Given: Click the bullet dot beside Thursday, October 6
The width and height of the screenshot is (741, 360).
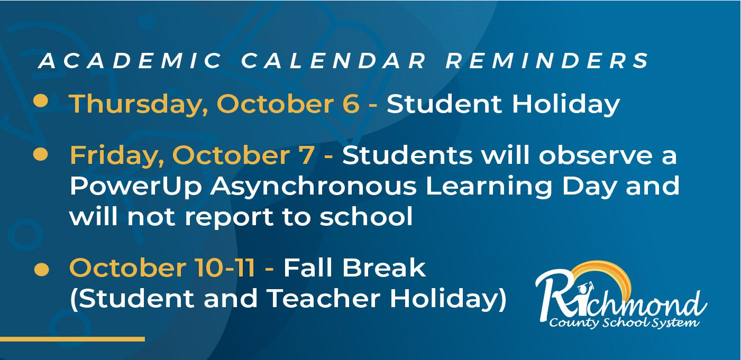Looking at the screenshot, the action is coord(41,100).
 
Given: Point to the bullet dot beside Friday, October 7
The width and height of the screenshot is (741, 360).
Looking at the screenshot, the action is coord(41,154).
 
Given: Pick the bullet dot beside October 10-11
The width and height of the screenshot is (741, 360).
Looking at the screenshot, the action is coord(42,270).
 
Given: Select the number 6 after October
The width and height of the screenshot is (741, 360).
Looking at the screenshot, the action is coord(351,104).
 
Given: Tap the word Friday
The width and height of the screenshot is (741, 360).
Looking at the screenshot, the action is coord(117,156).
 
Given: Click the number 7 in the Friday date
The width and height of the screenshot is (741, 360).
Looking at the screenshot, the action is coord(306,155).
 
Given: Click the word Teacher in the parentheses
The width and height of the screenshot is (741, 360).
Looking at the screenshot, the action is coord(324,298).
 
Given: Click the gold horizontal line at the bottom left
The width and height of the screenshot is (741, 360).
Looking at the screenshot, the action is coord(72,339).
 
